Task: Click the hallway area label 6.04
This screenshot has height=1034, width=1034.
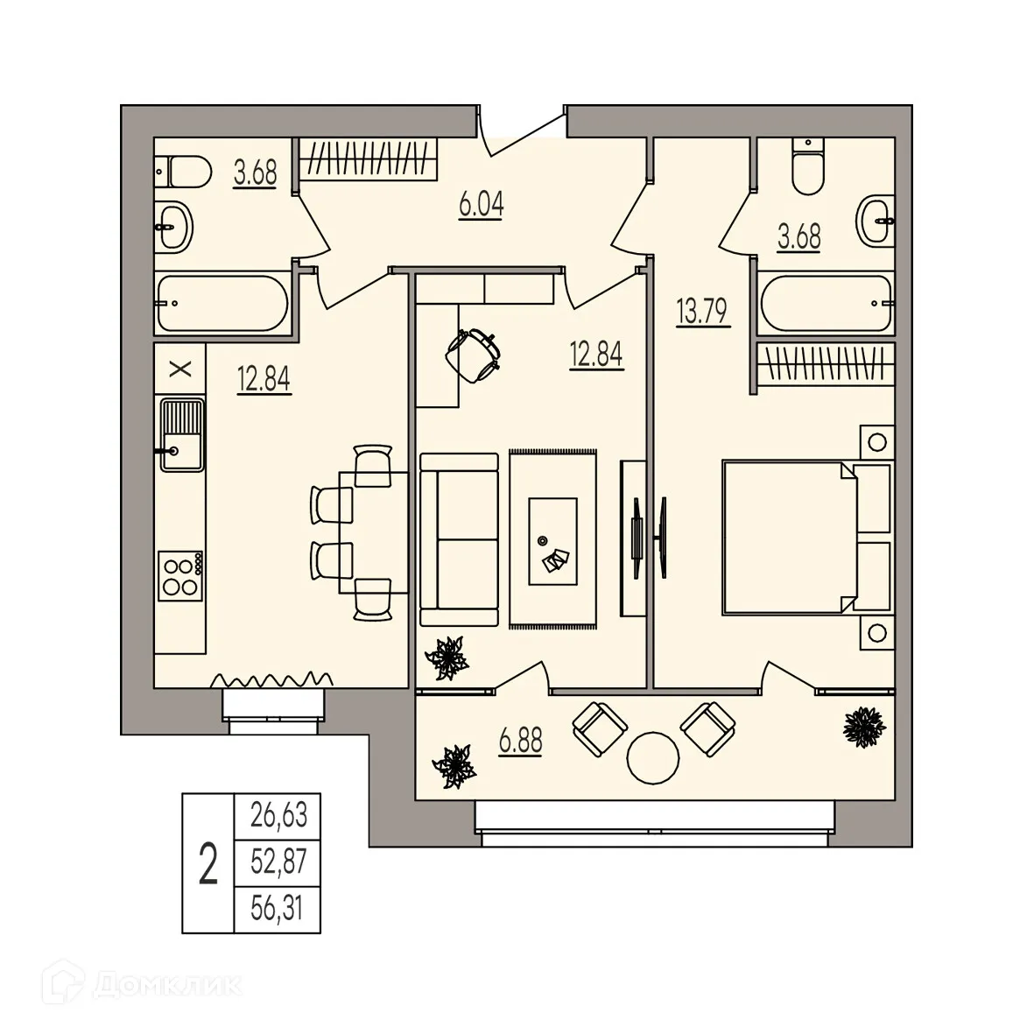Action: point(482,205)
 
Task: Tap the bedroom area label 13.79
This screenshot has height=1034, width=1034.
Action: point(702,311)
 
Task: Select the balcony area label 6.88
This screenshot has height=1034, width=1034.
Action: point(520,742)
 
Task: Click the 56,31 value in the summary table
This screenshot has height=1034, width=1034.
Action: point(278,908)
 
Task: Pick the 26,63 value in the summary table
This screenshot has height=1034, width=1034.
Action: point(278,815)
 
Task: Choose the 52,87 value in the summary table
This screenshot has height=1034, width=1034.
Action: point(278,862)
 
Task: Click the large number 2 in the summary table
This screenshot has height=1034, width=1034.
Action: point(208,864)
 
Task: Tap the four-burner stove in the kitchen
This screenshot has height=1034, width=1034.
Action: point(180,576)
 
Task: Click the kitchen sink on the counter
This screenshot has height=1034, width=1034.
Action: point(182,434)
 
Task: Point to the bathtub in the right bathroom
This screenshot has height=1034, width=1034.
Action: point(826,303)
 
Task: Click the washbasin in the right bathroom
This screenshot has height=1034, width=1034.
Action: point(876,220)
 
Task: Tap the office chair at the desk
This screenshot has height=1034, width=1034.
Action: point(473,354)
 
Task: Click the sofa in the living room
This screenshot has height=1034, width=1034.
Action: point(459,539)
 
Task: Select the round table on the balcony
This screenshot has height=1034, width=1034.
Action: point(653,758)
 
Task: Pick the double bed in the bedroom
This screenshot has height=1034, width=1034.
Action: point(806,538)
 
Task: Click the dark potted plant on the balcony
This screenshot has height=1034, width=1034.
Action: point(864,727)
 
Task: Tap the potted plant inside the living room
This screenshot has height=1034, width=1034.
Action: point(447,658)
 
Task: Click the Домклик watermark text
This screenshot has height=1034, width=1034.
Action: point(167,986)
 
